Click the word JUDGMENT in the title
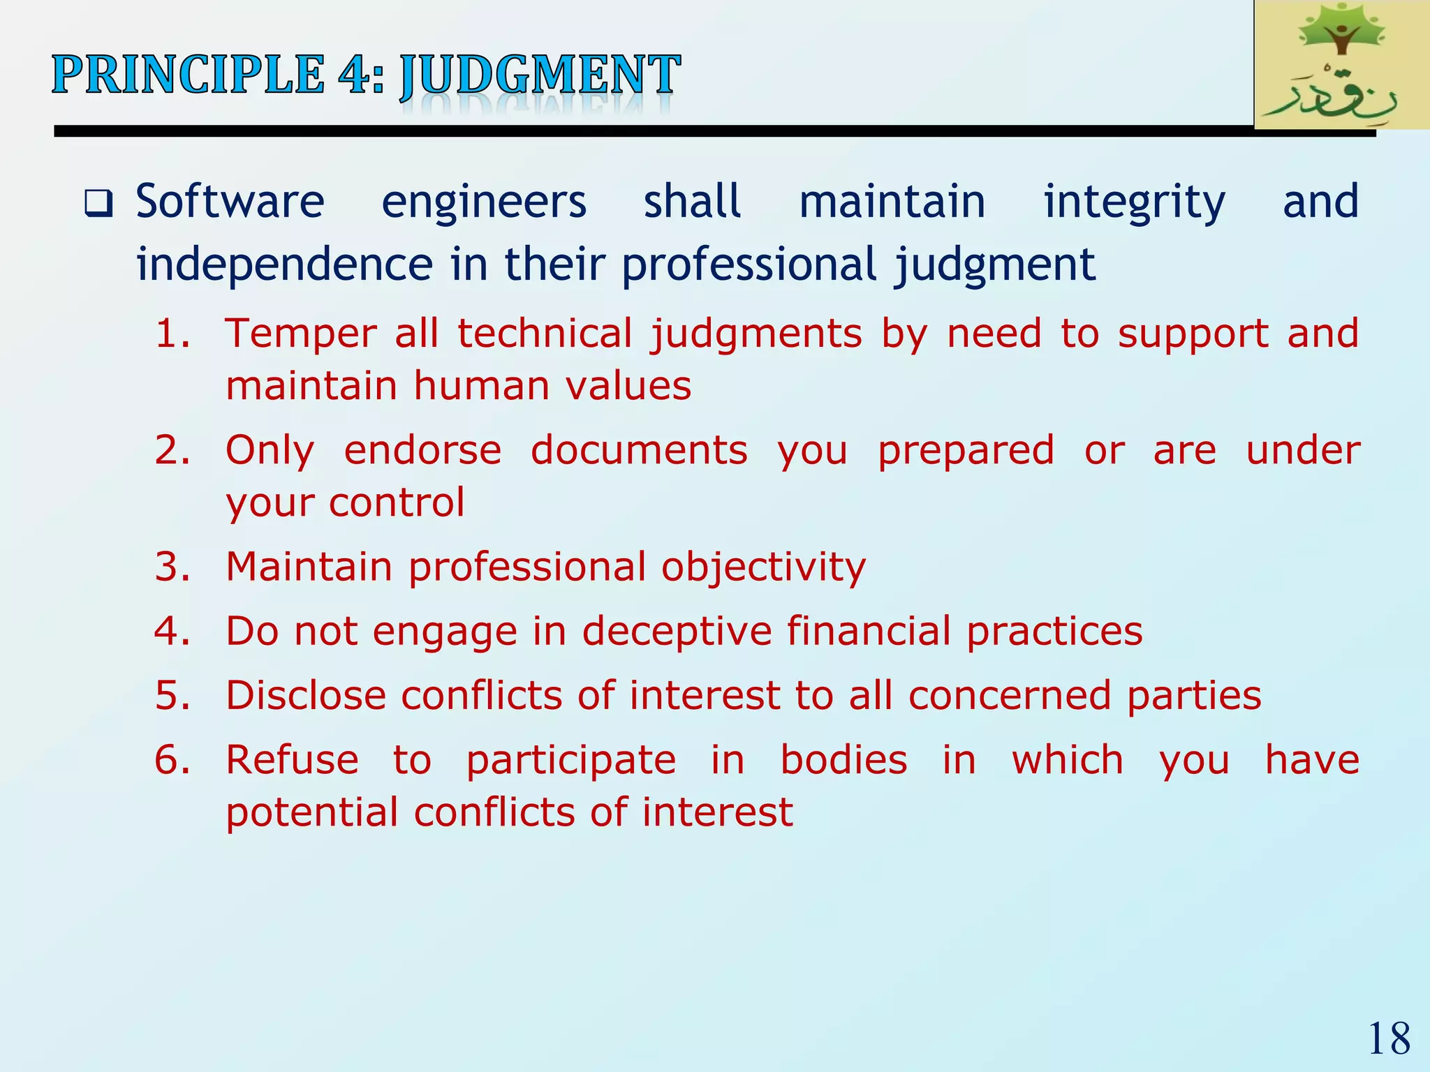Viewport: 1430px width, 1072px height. [539, 75]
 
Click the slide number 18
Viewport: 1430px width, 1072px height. [1389, 1038]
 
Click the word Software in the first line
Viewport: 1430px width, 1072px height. [230, 202]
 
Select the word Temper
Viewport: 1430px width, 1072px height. [300, 334]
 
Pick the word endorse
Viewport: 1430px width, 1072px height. [422, 450]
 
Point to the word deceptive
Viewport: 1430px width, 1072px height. [677, 632]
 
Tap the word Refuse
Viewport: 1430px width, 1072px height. [292, 760]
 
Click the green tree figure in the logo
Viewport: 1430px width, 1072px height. [1340, 31]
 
